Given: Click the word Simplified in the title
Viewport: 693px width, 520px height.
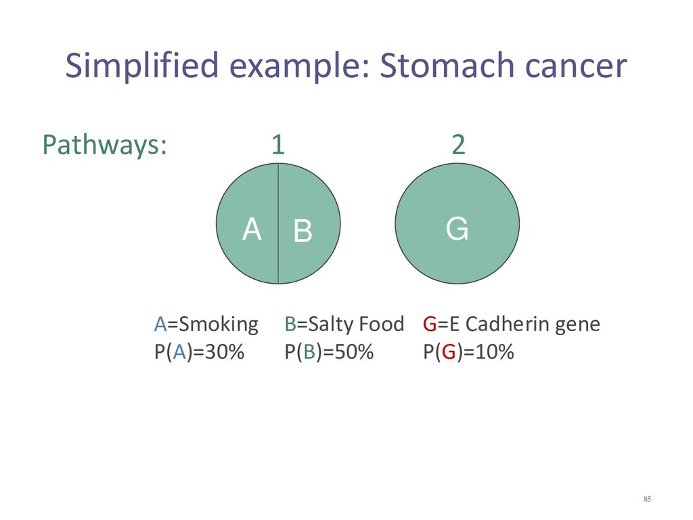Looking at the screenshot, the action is click(x=142, y=66).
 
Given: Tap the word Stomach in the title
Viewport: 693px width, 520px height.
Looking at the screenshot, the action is click(x=447, y=65).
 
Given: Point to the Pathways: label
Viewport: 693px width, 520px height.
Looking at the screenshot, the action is click(x=105, y=145).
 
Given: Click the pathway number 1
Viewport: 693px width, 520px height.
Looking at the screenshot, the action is click(x=278, y=145).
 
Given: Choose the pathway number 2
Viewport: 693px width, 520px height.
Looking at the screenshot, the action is click(x=458, y=145).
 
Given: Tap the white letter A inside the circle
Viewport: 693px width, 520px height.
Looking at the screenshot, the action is click(x=252, y=229).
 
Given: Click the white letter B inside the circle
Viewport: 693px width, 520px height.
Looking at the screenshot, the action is click(x=303, y=230).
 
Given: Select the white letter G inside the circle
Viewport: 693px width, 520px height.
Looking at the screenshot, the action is click(x=457, y=229).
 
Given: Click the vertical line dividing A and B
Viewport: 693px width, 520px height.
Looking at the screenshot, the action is click(x=278, y=223).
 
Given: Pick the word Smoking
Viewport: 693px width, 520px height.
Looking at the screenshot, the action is click(x=219, y=325).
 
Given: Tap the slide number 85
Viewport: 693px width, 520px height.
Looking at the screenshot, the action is click(x=647, y=499).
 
